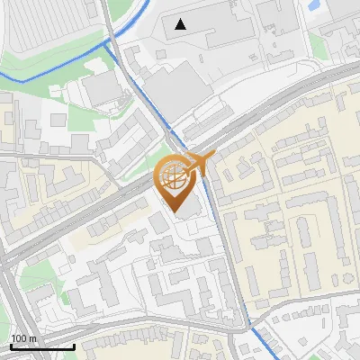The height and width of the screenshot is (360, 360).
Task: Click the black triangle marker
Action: click(x=182, y=24)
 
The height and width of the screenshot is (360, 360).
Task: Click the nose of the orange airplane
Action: click(x=212, y=156)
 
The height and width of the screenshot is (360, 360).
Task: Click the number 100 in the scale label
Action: click(x=19, y=338)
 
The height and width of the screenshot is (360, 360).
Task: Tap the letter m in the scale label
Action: click(x=33, y=338)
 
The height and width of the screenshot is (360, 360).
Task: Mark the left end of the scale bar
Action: click(x=11, y=346)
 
